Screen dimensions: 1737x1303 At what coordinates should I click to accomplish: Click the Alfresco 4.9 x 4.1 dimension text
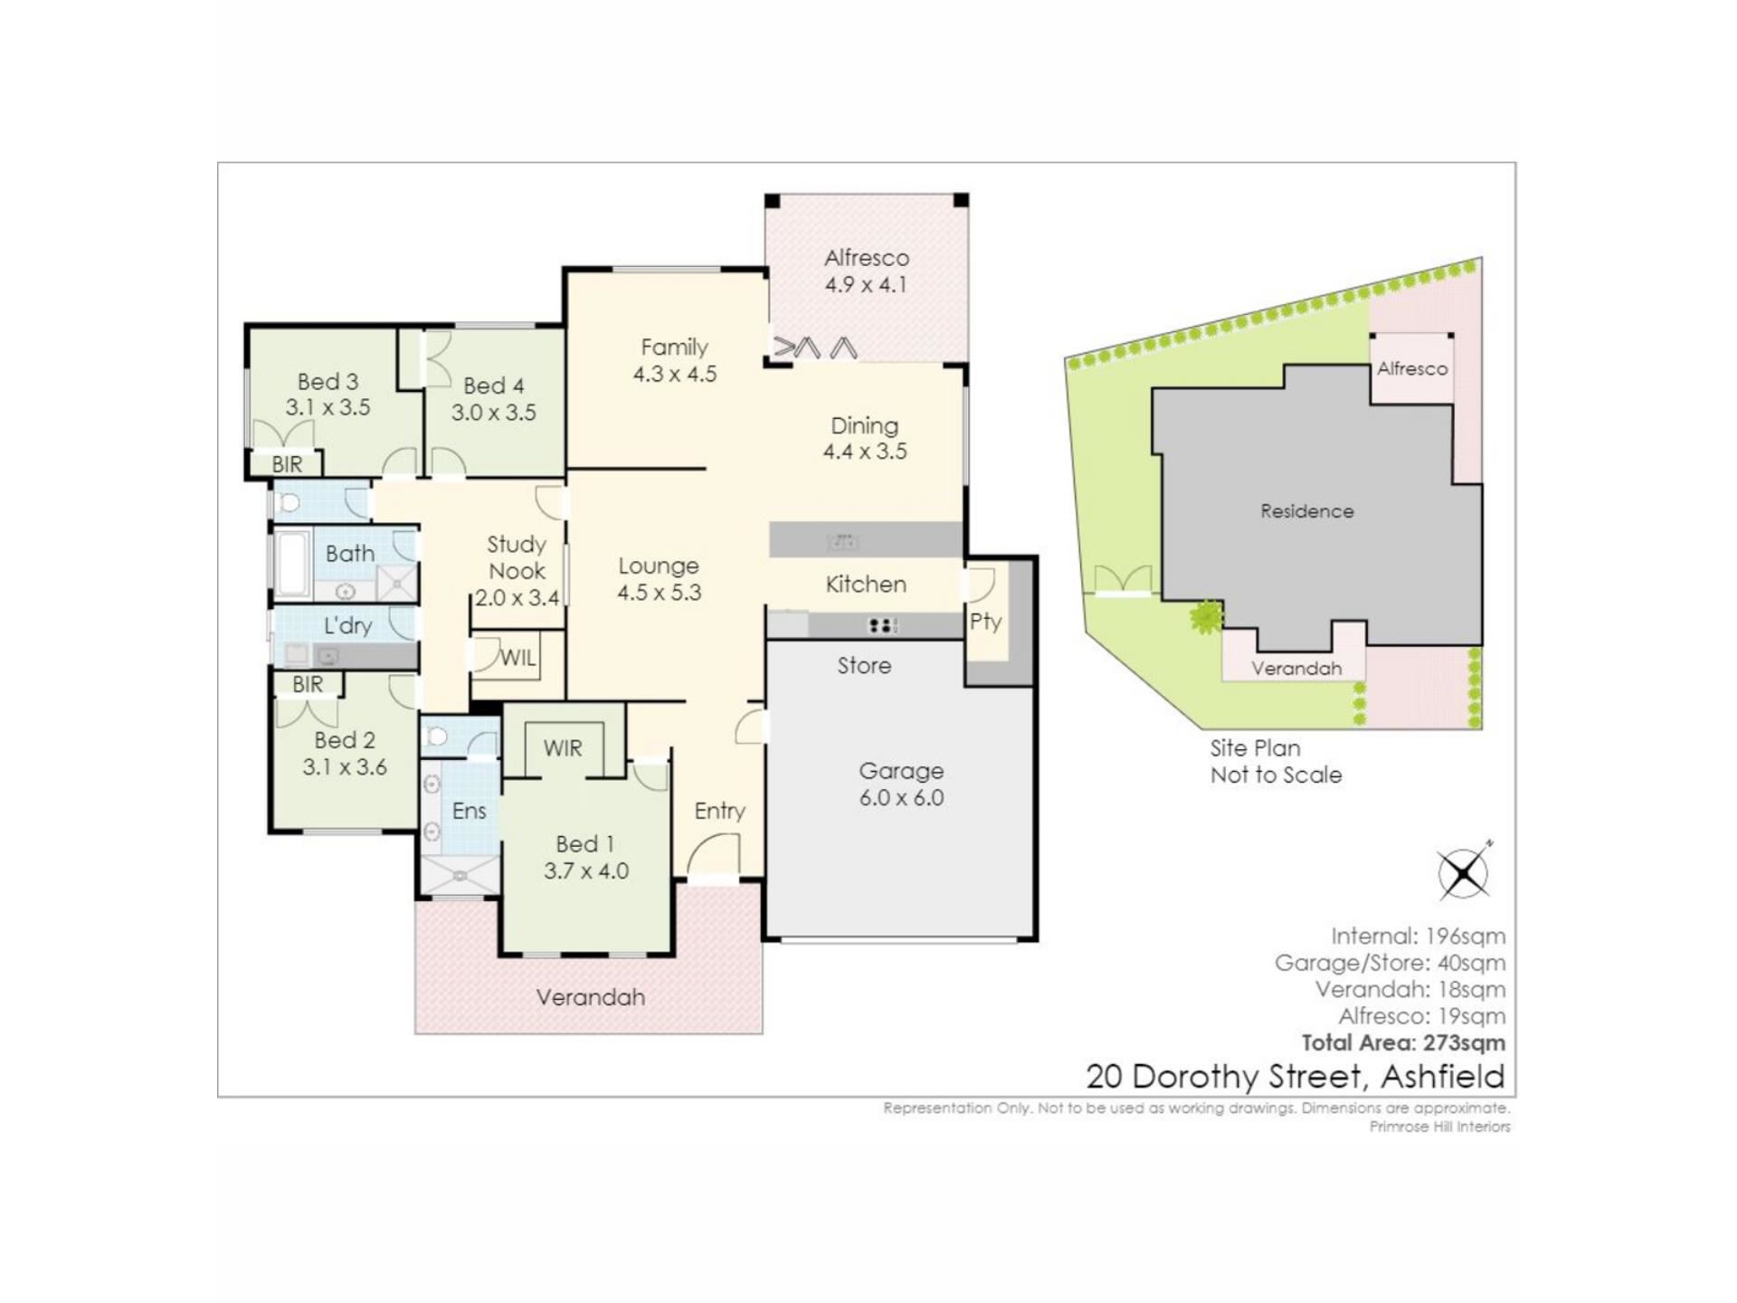point(866,284)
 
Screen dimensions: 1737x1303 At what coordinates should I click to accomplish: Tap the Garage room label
point(901,771)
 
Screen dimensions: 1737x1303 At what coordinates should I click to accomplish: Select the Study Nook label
point(517,557)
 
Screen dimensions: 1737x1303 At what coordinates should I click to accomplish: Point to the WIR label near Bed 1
point(563,748)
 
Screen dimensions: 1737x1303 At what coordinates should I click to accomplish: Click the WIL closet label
point(517,658)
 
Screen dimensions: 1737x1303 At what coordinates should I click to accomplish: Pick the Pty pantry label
point(985,622)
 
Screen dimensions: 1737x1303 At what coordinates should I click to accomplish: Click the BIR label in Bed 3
point(287,464)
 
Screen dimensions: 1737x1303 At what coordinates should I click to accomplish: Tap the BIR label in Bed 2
point(308,684)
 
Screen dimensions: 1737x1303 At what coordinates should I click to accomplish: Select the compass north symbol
point(1464,872)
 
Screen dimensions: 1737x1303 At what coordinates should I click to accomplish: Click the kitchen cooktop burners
point(882,624)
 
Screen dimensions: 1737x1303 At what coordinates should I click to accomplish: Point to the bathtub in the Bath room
point(292,566)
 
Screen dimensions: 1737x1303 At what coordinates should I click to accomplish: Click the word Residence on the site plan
point(1307,511)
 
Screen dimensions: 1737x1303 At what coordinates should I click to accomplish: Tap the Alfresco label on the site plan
point(1412,369)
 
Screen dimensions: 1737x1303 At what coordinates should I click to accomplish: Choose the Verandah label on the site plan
point(1296,669)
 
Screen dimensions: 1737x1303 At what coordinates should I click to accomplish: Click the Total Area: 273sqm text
point(1403,1042)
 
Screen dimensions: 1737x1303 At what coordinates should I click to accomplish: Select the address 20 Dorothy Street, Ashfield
point(1296,1077)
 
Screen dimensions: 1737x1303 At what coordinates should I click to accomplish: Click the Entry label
point(720,812)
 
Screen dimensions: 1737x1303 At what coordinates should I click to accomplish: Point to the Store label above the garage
point(864,666)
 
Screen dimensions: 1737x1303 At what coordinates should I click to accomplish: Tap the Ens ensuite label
point(469,811)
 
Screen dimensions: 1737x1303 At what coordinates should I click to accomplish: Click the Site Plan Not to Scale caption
point(1276,762)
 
